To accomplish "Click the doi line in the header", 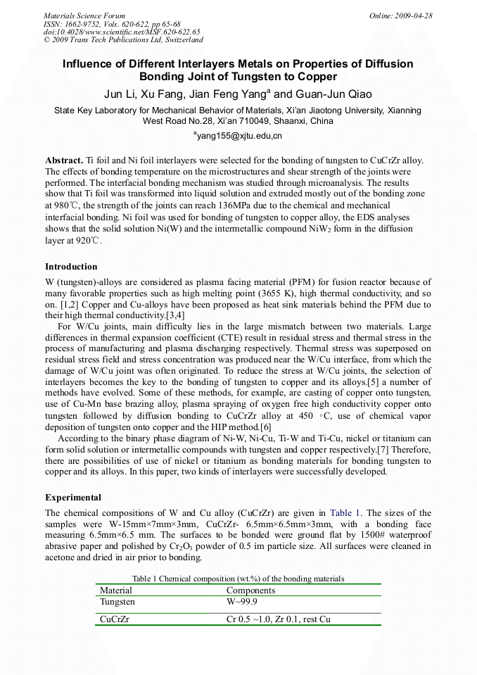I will pos(122,32).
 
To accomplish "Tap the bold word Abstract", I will pos(64,161).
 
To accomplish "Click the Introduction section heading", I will pos(71,267).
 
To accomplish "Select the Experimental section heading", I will pos(73,497).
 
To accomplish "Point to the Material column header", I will pos(116,591).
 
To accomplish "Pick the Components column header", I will pos(250,591).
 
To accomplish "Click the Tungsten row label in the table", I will pos(118,602).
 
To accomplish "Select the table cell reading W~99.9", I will pos(241,602).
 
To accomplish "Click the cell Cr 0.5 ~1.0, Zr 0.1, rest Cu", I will pos(279,619).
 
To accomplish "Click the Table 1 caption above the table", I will pos(238,579).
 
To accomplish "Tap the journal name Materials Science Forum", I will pos(84,15).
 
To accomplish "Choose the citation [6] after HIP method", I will pos(266,427).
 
